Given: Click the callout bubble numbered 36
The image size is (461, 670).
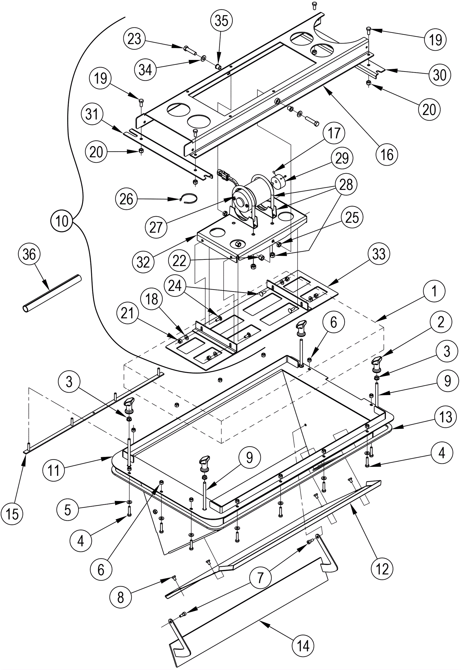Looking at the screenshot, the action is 29,254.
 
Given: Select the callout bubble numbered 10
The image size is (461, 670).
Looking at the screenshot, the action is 62,222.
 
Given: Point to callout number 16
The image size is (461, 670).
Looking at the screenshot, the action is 387,155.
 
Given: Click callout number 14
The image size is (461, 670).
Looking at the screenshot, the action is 303,646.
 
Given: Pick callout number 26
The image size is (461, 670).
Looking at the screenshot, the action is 126,199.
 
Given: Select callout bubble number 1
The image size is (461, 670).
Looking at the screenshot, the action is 434,292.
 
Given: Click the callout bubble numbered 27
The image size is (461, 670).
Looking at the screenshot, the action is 156,227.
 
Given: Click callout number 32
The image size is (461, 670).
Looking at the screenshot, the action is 143,262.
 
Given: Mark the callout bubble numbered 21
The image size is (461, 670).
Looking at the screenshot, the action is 128,313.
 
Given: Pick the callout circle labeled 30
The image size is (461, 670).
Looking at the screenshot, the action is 440,75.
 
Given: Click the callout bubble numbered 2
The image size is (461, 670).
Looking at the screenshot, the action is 441,322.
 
